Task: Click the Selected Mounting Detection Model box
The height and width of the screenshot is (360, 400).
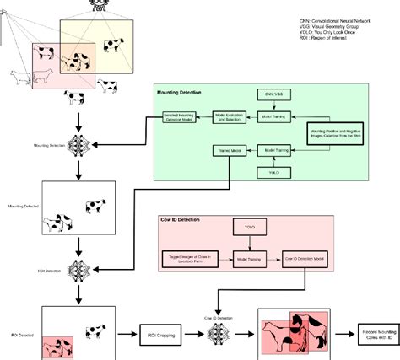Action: pos(179,119)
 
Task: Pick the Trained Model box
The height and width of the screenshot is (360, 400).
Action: pos(223,152)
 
